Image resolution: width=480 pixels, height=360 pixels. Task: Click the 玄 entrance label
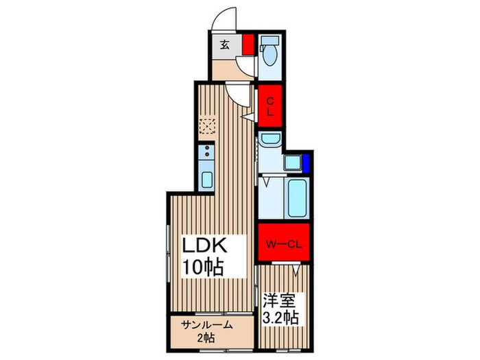coord(225,45)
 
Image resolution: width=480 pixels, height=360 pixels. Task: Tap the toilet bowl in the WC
coord(270,55)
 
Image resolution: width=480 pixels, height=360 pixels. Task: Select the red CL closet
coord(269,106)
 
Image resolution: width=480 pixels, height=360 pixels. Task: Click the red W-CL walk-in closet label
coord(284,245)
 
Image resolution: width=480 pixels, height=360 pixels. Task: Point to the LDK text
coord(204,245)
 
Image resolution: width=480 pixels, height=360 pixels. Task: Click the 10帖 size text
coord(202,267)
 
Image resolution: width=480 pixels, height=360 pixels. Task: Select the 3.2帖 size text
coord(280,317)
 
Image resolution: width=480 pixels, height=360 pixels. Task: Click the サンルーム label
coord(206,325)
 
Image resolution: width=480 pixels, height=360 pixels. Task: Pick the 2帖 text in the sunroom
coord(206,338)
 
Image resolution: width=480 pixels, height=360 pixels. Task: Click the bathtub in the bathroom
coord(297,198)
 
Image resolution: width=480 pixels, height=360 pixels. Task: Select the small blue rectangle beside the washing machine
coord(306,162)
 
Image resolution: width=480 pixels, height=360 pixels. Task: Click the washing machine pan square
coord(293,163)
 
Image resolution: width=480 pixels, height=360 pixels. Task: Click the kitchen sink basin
coord(207,180)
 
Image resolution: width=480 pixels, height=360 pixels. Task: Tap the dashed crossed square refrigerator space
coord(207,126)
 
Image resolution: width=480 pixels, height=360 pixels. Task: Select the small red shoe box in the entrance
coord(248,45)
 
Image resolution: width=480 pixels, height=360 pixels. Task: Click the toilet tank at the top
coord(269,40)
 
